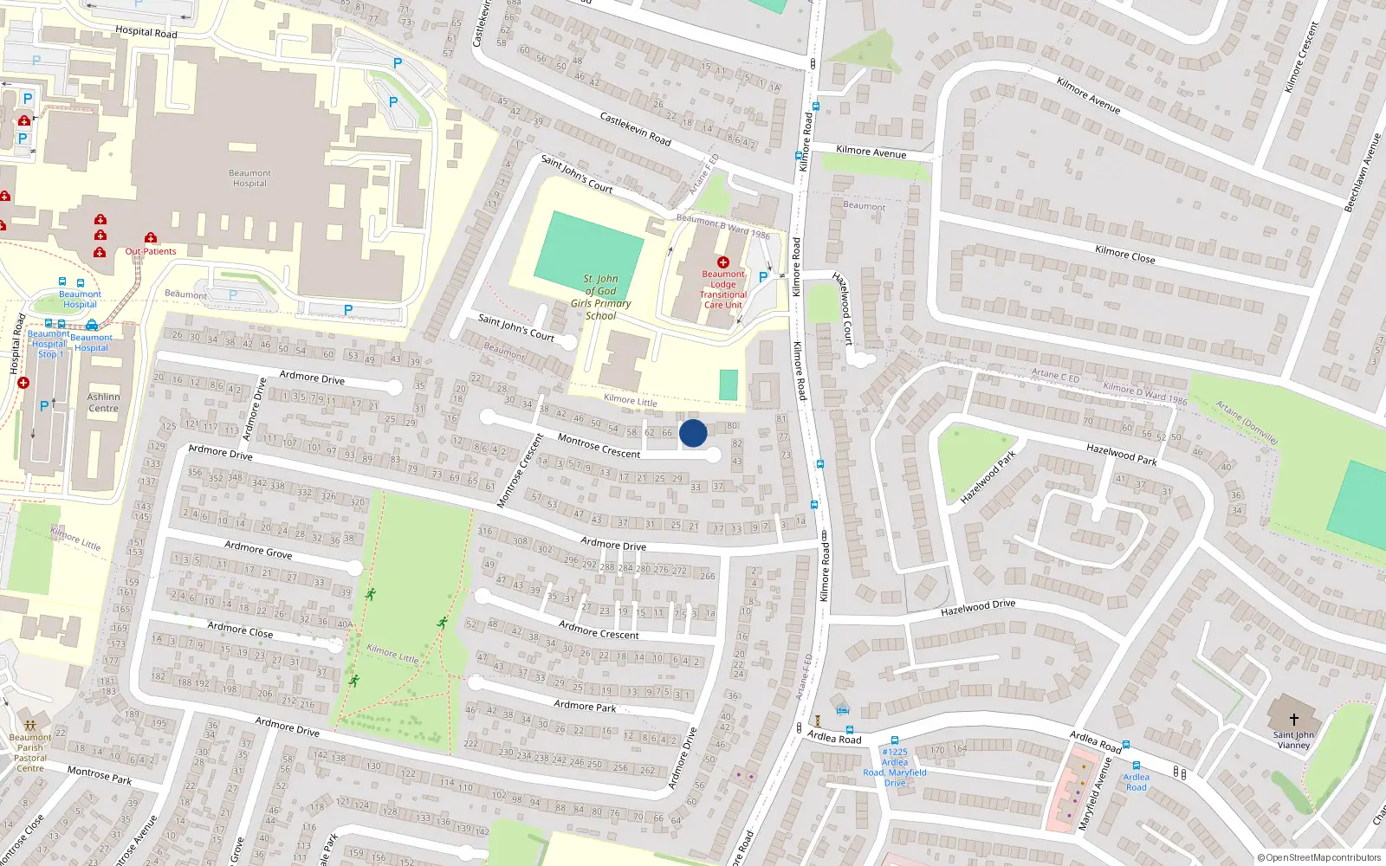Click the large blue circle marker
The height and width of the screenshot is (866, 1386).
coord(693,433)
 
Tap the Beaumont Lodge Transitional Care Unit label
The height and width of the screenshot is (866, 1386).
coord(723,289)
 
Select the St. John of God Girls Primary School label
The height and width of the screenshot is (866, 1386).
coord(600,297)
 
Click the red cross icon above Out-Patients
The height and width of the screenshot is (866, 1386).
coord(151,237)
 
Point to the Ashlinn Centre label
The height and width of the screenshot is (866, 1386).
coord(103,403)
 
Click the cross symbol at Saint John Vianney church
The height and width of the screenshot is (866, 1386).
coord(1294,719)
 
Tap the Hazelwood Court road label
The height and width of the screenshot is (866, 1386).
coord(843,308)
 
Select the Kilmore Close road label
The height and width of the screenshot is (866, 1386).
coord(1124,254)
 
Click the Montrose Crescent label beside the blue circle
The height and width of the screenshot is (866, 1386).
coord(599,446)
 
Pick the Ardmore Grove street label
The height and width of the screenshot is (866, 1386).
coord(258,549)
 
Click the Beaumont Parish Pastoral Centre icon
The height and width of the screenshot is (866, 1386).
coord(30,726)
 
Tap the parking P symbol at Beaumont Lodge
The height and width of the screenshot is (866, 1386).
coord(763,277)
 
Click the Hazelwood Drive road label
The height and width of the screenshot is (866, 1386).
coord(977,608)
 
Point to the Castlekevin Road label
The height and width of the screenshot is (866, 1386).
coord(635,128)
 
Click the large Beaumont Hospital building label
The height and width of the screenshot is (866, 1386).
coord(249,178)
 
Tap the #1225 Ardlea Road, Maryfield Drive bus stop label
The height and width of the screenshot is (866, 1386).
coord(895,767)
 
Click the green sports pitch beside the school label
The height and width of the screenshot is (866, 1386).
coord(589,247)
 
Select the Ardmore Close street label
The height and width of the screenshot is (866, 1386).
coord(240,630)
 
